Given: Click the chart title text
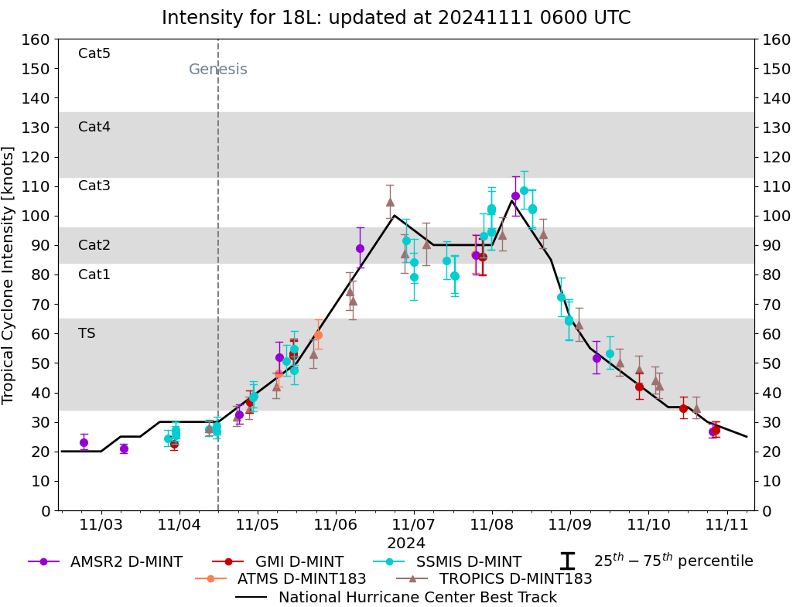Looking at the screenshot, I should (396, 17).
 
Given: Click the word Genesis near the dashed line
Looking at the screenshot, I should (218, 70).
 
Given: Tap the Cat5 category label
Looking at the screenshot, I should (94, 53).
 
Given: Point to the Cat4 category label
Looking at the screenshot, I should (94, 127).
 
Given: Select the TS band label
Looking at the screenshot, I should (87, 333).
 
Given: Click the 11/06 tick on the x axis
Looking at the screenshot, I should (336, 525).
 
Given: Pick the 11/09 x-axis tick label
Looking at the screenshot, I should (570, 525).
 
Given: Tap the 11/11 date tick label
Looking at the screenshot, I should (726, 525).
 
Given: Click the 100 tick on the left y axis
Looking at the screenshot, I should (39, 216).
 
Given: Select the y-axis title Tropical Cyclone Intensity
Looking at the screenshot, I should (9, 275).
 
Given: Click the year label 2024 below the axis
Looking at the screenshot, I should (406, 544).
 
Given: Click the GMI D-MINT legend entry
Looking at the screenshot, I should (278, 561).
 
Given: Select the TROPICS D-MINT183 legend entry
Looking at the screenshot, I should (494, 578).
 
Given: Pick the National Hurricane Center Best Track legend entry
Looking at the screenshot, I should (396, 597).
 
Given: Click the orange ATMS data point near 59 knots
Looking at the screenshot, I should (318, 336).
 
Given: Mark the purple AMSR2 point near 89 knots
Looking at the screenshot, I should (360, 248).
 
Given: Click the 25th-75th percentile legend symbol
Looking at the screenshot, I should (568, 561).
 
